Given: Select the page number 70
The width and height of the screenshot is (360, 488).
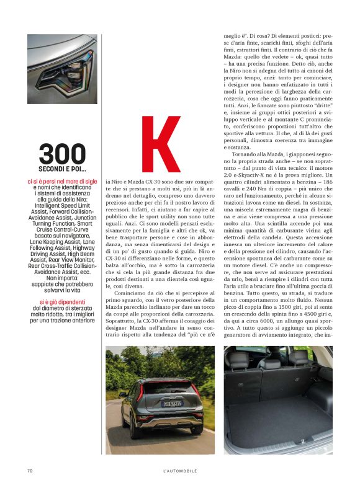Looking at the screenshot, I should [x=30, y=471].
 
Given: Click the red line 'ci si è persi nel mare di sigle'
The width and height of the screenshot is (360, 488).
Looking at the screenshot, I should [x=62, y=181].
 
